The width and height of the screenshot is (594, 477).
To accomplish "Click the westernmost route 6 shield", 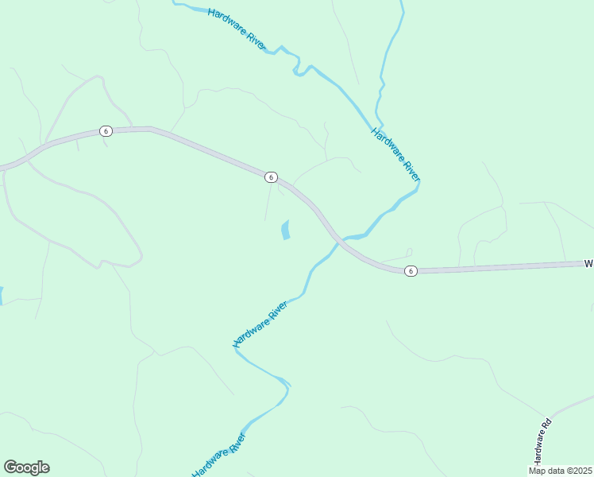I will tap(105, 131).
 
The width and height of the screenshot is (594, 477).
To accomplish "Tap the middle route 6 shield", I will tap(271, 177).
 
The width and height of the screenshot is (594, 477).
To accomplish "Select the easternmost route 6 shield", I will tap(410, 271).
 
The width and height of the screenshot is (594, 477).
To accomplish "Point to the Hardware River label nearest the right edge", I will tap(395, 154).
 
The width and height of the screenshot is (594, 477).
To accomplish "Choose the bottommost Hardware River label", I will tap(219, 456).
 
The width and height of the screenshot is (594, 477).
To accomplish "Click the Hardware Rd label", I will tap(542, 442).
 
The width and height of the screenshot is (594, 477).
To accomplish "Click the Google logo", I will tap(26, 467).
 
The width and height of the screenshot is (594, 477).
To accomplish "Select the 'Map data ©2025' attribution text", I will tap(561, 471).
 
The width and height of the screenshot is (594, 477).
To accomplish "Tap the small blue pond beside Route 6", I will tap(285, 231).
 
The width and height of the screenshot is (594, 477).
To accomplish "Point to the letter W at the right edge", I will tap(589, 262).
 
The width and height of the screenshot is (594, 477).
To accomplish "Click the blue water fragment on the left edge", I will tap(2, 296).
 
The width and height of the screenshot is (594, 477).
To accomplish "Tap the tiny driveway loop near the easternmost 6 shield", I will tap(409, 252).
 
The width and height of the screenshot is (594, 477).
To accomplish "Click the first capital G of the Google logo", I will tap(10, 467).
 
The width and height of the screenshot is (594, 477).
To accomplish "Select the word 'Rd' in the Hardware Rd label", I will tap(546, 425).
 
